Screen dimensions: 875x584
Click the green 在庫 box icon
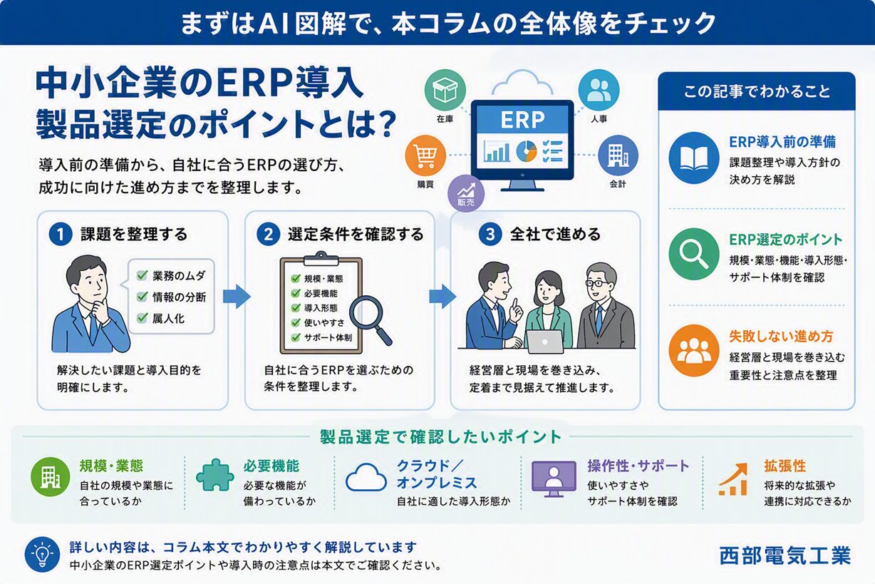click(x=445, y=90)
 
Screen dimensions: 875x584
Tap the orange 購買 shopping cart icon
click(x=425, y=155)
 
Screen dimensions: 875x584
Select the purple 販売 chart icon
click(x=466, y=193)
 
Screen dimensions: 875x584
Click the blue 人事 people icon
click(x=599, y=90)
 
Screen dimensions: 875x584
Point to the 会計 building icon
click(x=618, y=155)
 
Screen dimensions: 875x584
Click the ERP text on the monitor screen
click(x=522, y=120)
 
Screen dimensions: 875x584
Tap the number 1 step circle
click(x=61, y=235)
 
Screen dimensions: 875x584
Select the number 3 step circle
click(x=490, y=235)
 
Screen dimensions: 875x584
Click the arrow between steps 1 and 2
click(x=237, y=297)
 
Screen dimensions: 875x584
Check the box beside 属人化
click(x=143, y=318)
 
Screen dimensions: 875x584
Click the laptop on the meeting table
click(x=545, y=341)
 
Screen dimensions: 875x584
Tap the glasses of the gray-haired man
click(x=597, y=283)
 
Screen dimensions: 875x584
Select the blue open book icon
click(x=694, y=158)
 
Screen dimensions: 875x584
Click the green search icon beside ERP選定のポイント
click(x=694, y=254)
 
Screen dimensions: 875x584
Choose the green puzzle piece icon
click(x=215, y=475)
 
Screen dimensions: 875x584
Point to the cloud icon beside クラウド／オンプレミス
click(x=366, y=477)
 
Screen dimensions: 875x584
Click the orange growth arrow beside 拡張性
click(x=733, y=479)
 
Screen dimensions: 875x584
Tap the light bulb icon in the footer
click(x=42, y=554)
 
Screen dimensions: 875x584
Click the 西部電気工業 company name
click(x=785, y=555)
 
